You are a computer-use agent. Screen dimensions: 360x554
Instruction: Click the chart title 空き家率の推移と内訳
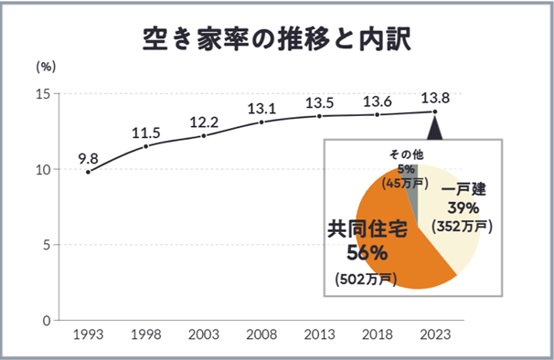pos(277,37)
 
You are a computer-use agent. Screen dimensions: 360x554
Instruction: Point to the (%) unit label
pos(46,67)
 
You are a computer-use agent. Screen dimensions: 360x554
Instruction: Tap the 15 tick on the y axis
pos(43,93)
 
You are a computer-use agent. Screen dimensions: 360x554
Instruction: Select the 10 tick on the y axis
pos(43,169)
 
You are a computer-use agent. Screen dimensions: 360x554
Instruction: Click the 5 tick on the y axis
pos(47,245)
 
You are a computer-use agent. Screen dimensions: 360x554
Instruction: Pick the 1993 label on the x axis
pos(88,336)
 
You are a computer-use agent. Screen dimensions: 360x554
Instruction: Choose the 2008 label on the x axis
pos(261,336)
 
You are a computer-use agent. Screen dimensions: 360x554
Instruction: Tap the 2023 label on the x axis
pos(435,336)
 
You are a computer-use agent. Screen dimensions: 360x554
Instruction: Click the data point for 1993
pos(88,172)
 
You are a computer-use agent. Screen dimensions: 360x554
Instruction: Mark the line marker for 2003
pos(204,135)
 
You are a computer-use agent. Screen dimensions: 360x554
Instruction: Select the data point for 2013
pos(319,116)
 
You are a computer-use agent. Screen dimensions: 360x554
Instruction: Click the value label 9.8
pos(88,155)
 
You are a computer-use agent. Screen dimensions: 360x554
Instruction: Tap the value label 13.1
pos(261,108)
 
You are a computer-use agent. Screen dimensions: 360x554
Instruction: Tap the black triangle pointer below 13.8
pos(435,127)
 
